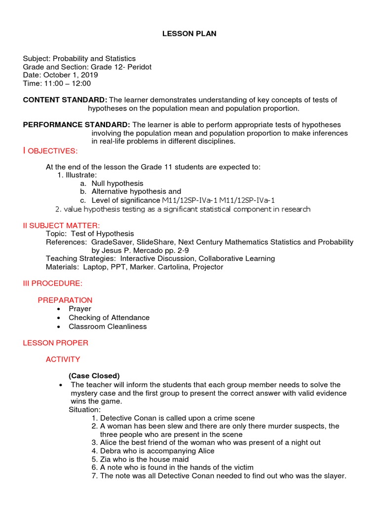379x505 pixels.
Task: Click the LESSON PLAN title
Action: (x=189, y=34)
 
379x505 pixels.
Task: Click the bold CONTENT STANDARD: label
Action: (x=65, y=100)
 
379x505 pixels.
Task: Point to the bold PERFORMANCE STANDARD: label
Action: (x=76, y=125)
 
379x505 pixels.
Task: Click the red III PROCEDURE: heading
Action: (x=53, y=284)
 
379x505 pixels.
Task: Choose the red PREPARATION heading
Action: (x=65, y=300)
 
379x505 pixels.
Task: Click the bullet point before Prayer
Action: (x=59, y=309)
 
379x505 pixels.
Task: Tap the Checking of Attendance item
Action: (x=109, y=318)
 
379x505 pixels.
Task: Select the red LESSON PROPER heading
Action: (x=56, y=343)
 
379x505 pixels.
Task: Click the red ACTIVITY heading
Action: (x=63, y=360)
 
